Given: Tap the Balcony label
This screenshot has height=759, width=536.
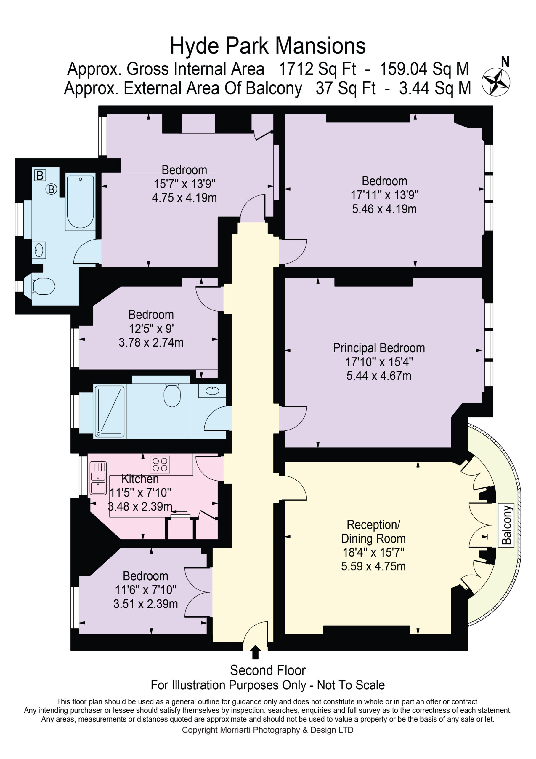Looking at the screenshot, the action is (506, 524).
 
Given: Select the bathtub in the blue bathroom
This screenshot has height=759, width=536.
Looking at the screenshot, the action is (80, 201).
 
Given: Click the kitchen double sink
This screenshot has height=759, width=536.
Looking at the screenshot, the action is (98, 478).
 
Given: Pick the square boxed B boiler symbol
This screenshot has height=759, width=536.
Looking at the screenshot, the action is (40, 175).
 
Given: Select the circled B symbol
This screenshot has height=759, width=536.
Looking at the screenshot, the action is (51, 189).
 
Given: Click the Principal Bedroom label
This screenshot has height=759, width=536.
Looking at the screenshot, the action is (379, 348).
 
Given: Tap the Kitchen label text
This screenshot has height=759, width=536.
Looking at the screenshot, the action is (140, 479).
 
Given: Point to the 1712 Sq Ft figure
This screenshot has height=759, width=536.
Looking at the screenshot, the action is (317, 69).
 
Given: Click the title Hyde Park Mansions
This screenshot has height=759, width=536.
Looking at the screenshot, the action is (268, 46).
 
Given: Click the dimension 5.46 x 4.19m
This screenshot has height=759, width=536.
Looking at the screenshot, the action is (384, 209).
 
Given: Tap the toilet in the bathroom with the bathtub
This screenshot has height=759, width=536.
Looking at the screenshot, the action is (44, 286).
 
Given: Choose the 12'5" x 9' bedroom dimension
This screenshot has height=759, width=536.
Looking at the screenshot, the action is (151, 329).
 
